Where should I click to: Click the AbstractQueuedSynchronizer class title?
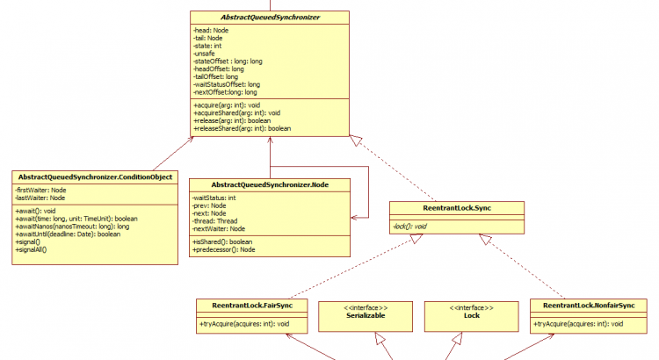[x=271, y=17]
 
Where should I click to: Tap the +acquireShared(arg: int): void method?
[x=236, y=113]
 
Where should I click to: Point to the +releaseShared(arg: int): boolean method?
[x=242, y=128]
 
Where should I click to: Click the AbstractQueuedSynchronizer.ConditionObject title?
[x=94, y=176]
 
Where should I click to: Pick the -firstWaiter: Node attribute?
[x=40, y=190]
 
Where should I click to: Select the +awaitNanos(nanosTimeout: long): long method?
[x=72, y=227]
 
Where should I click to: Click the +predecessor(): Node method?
[x=224, y=249]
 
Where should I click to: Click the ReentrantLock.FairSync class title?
[x=252, y=306]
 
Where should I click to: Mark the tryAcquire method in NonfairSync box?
[x=578, y=324]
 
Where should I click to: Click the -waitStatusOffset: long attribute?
[x=226, y=84]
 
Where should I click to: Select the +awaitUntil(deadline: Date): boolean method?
[x=69, y=234]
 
